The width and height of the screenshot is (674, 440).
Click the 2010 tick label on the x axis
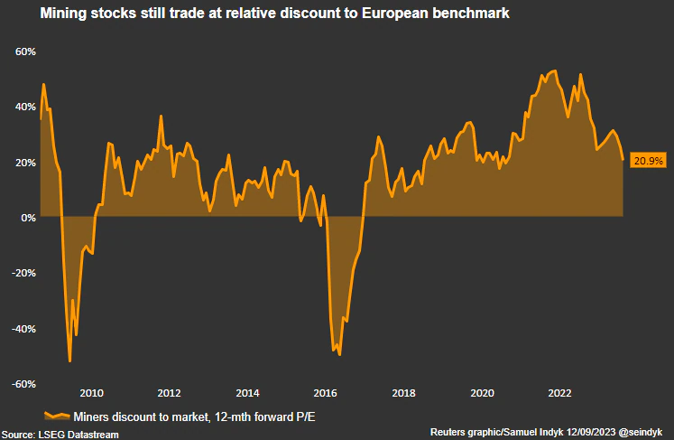[x=91, y=393]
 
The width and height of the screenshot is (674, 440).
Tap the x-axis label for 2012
[x=169, y=393]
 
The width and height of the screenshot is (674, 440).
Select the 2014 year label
[x=247, y=393]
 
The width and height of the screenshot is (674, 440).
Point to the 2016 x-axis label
[x=326, y=393]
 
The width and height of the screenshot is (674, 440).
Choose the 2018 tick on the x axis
[x=404, y=393]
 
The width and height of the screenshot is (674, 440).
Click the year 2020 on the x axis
[x=483, y=393]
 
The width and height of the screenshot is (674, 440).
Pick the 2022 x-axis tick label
[x=560, y=393]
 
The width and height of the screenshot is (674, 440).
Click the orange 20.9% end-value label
[x=649, y=161]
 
